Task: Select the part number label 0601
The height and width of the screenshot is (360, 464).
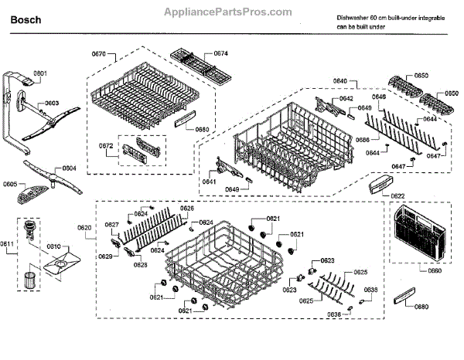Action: (40, 73)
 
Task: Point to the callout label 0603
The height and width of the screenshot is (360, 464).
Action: (52, 103)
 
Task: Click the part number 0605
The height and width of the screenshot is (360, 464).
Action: (10, 184)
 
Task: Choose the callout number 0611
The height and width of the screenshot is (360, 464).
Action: (8, 244)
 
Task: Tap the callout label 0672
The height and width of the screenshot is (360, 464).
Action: (106, 145)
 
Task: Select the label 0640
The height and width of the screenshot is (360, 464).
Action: (340, 81)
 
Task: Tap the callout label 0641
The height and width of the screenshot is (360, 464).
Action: (209, 182)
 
